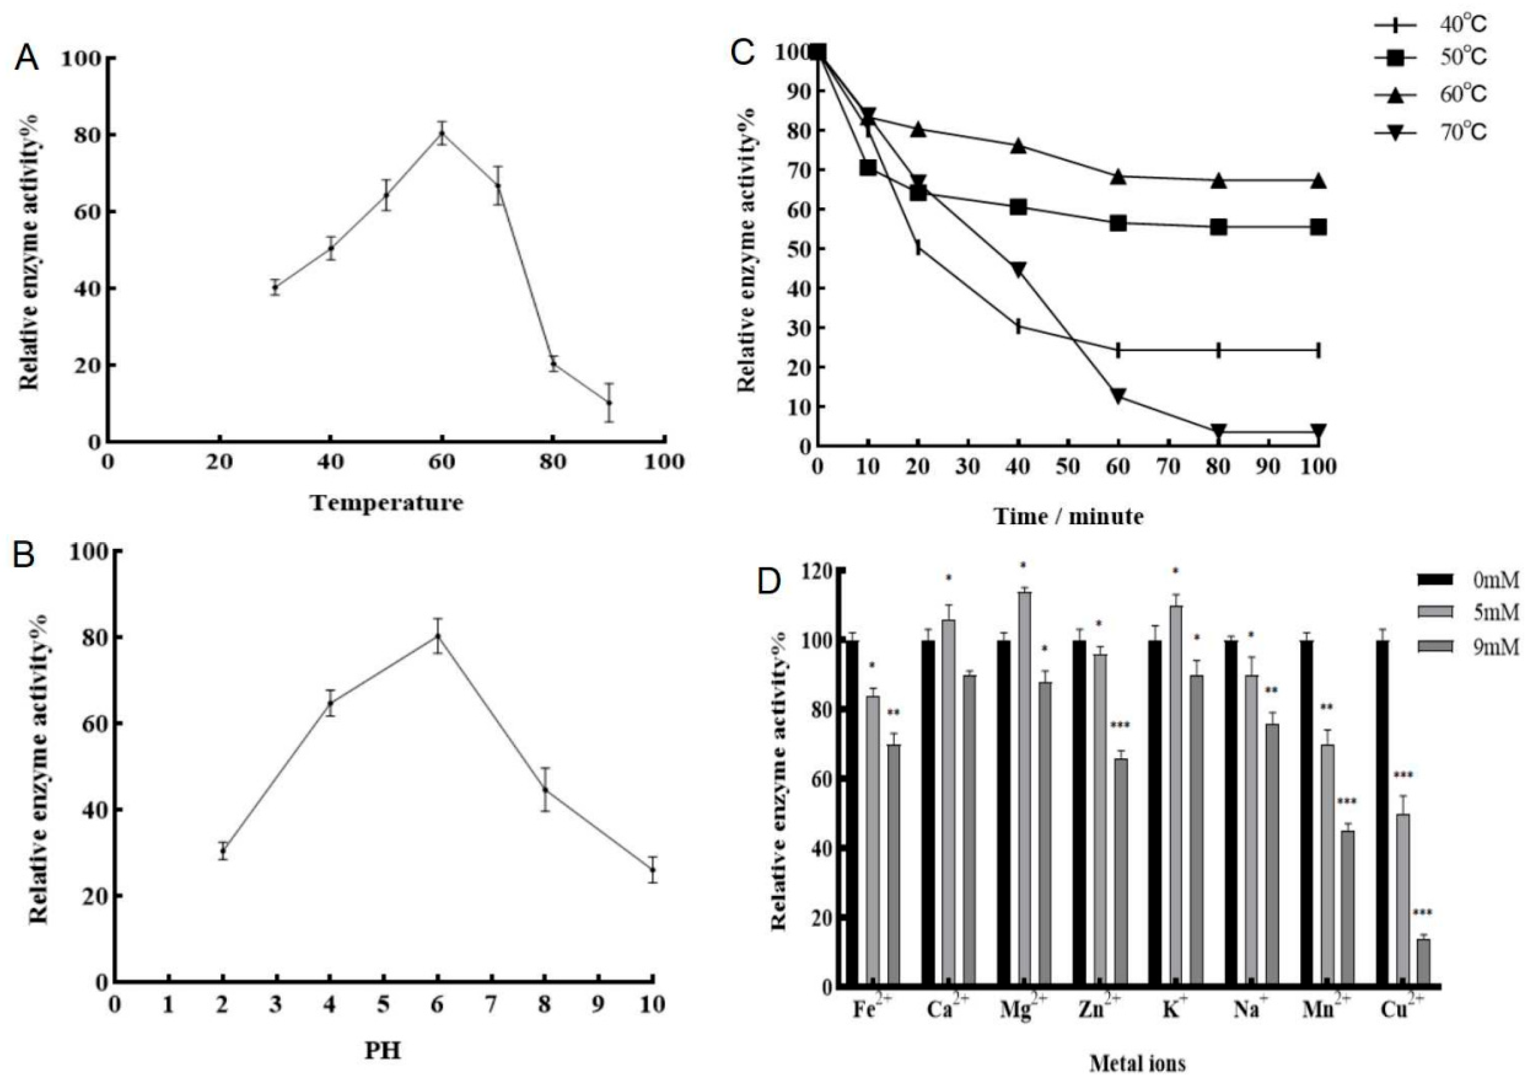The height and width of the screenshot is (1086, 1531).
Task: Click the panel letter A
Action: pyautogui.click(x=27, y=59)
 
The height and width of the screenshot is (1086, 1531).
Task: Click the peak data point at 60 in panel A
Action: pyautogui.click(x=441, y=133)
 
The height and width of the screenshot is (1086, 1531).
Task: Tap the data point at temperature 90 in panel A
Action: pyautogui.click(x=609, y=402)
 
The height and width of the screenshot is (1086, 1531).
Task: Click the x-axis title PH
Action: pyautogui.click(x=382, y=1051)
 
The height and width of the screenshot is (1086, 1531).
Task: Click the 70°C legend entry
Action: pyautogui.click(x=1431, y=132)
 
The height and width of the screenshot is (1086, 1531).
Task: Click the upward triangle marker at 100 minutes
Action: pyautogui.click(x=1318, y=181)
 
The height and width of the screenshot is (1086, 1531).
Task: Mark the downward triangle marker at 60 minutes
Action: pyautogui.click(x=1118, y=395)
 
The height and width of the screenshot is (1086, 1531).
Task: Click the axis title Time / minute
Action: pyautogui.click(x=1068, y=516)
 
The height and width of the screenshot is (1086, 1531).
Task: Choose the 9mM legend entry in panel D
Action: pyautogui.click(x=1468, y=647)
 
